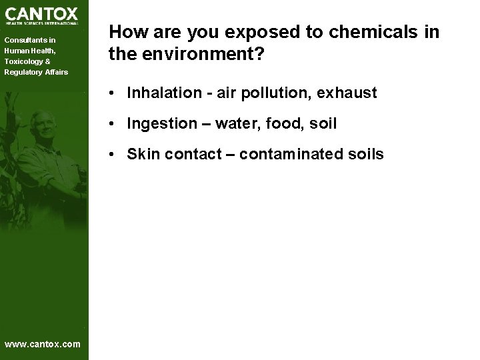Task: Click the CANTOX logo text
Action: [x=41, y=13]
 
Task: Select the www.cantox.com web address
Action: [x=42, y=344]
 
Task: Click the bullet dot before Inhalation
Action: [x=116, y=93]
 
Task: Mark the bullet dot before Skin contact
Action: [x=116, y=154]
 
